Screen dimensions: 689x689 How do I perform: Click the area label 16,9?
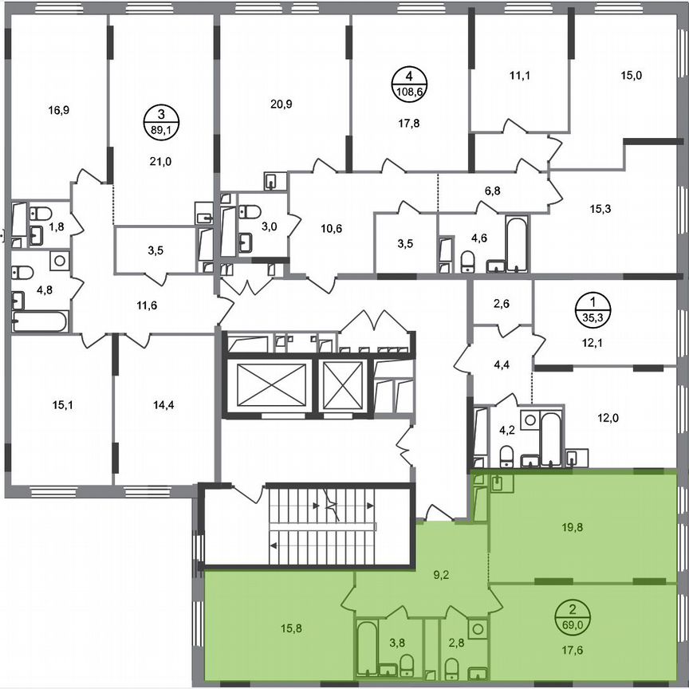pos(55,111)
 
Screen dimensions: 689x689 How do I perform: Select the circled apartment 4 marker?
pos(409,82)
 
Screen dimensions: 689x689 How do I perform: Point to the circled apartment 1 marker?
pos(593,307)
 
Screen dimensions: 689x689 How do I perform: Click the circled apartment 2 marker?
pos(570,615)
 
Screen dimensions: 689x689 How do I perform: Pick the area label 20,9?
pos(282,104)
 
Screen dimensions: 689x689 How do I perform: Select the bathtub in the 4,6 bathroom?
pos(517,244)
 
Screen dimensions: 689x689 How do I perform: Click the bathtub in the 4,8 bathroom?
pos(40,321)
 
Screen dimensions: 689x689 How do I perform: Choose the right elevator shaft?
pos(344,386)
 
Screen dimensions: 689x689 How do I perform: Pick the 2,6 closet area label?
pos(503,302)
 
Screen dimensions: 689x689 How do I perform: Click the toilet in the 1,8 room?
pos(41,213)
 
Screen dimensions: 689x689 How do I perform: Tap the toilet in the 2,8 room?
pos(452,666)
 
